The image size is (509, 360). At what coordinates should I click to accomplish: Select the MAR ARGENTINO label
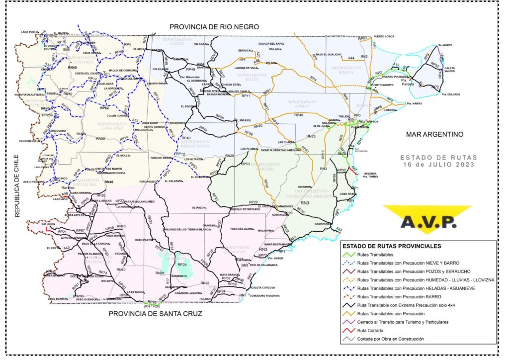434,134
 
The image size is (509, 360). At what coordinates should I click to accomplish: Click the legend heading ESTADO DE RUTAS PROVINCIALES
392,246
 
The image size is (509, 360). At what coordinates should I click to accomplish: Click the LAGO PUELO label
29,32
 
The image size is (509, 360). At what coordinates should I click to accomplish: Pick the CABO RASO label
347,193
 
